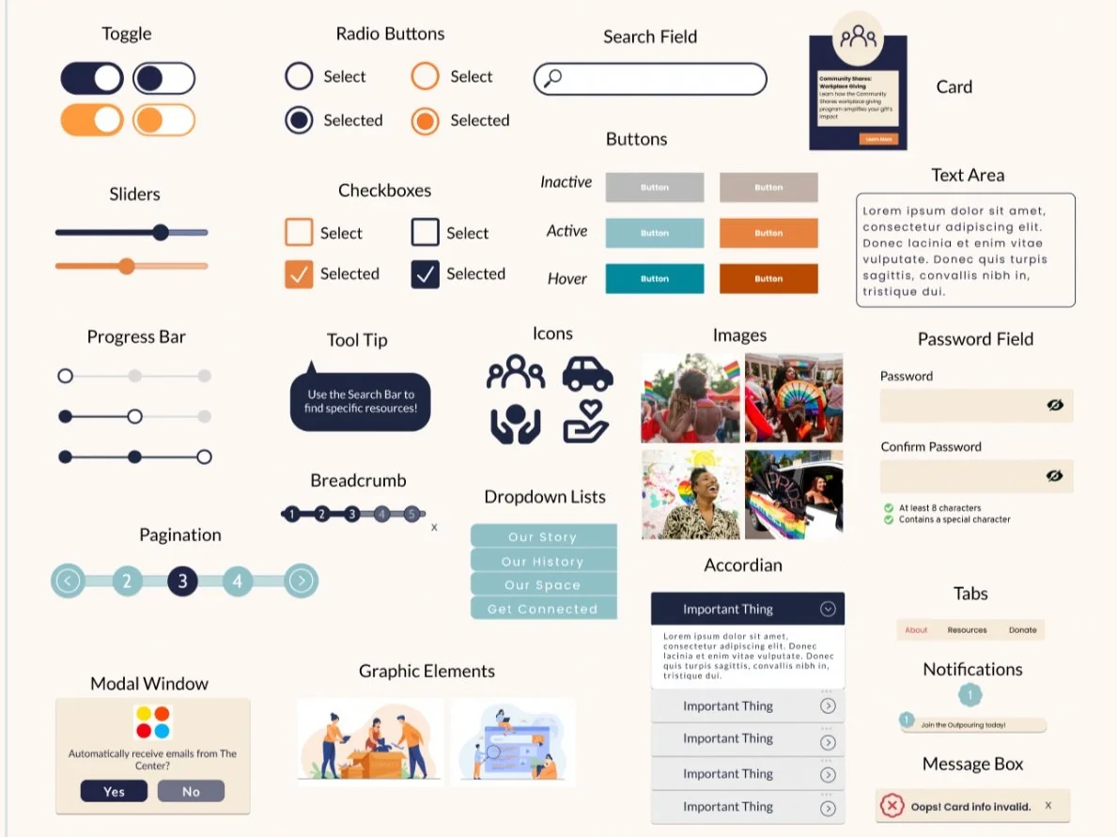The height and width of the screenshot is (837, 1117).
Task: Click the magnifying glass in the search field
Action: click(553, 78)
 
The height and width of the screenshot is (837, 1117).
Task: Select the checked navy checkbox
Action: click(426, 274)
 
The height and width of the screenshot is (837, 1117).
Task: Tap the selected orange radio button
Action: click(426, 120)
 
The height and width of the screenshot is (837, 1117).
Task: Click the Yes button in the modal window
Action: click(114, 791)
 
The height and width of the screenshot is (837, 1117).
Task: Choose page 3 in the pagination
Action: click(182, 581)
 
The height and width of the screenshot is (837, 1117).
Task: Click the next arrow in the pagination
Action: click(301, 581)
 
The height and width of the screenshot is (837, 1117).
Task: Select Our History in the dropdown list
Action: click(543, 561)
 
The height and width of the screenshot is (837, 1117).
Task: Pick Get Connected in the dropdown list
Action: click(543, 609)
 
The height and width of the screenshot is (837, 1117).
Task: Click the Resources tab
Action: click(967, 630)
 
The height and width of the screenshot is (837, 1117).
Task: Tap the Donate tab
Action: click(1023, 630)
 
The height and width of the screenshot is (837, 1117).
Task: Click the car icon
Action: click(587, 373)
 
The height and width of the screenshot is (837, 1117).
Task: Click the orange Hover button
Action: click(768, 278)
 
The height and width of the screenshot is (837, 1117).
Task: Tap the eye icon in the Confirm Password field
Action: click(1055, 476)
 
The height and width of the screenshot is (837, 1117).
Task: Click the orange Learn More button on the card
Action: click(878, 139)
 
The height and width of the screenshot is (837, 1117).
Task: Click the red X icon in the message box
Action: click(892, 806)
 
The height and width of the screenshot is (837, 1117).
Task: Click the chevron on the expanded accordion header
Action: click(828, 609)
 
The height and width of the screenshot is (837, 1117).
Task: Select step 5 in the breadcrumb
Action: click(411, 514)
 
